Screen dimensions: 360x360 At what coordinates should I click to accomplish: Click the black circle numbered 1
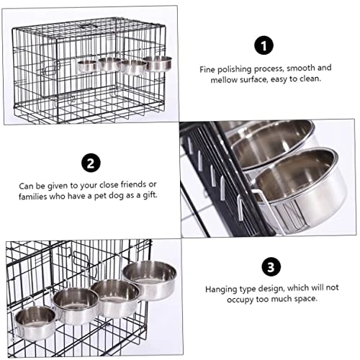264,45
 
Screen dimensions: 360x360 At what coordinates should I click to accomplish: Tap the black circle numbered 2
91,163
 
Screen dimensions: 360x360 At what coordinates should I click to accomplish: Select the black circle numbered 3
271,267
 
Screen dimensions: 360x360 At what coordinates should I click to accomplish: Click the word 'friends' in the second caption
133,184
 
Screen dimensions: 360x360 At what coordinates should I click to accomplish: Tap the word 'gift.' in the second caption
150,195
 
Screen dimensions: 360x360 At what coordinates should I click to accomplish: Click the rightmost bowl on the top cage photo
158,63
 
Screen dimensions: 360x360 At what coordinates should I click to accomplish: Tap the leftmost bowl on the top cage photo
87,66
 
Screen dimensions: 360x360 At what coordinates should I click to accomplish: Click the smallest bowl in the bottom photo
35,323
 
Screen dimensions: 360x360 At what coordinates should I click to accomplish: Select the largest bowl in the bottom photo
149,280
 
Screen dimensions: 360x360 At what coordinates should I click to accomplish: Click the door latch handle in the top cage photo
51,68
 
